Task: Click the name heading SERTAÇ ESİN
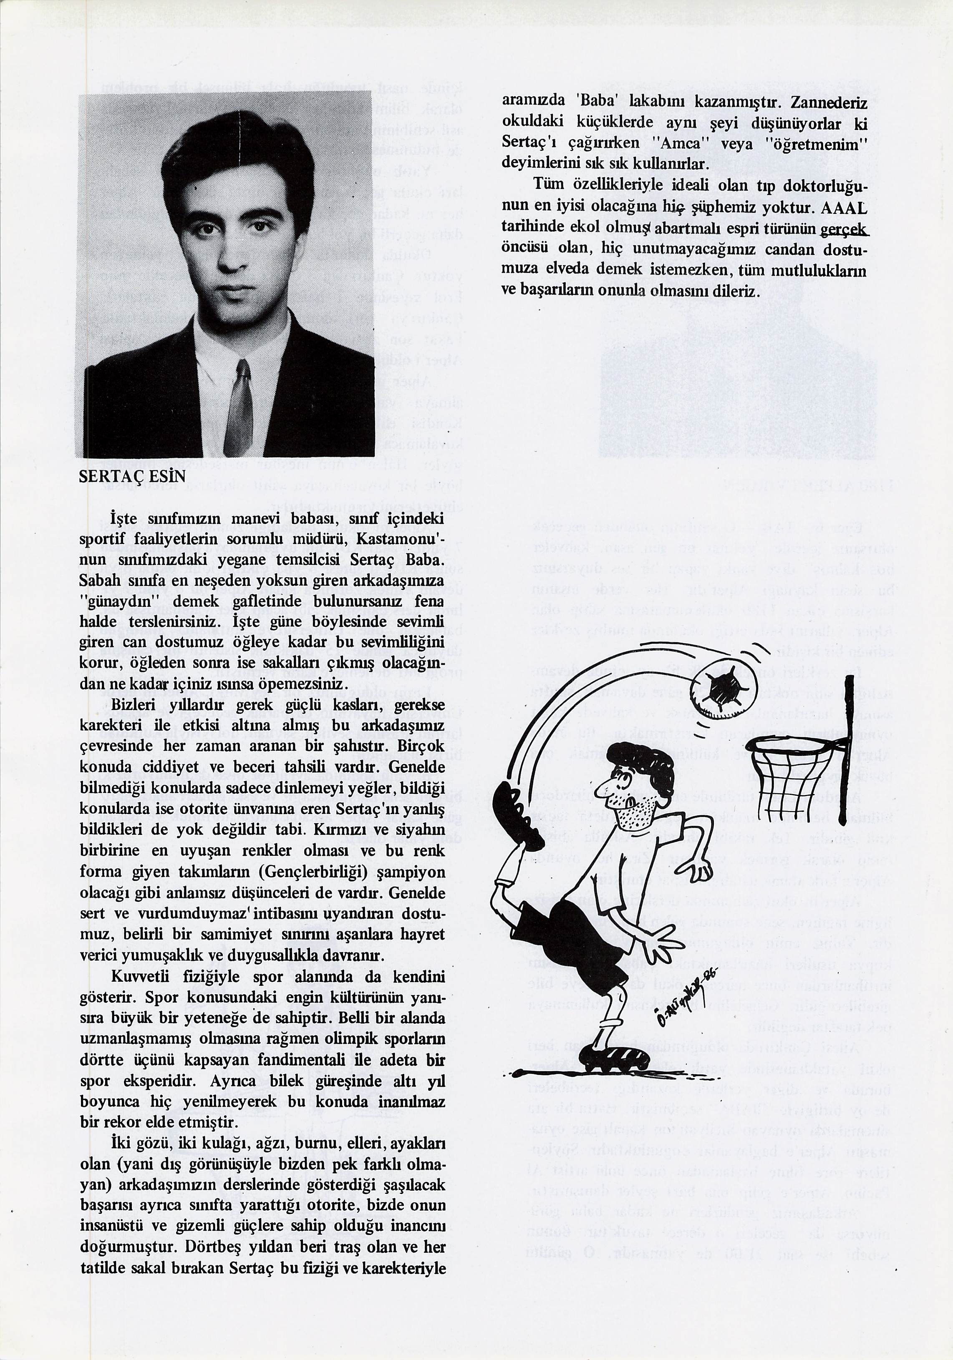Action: (131, 477)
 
